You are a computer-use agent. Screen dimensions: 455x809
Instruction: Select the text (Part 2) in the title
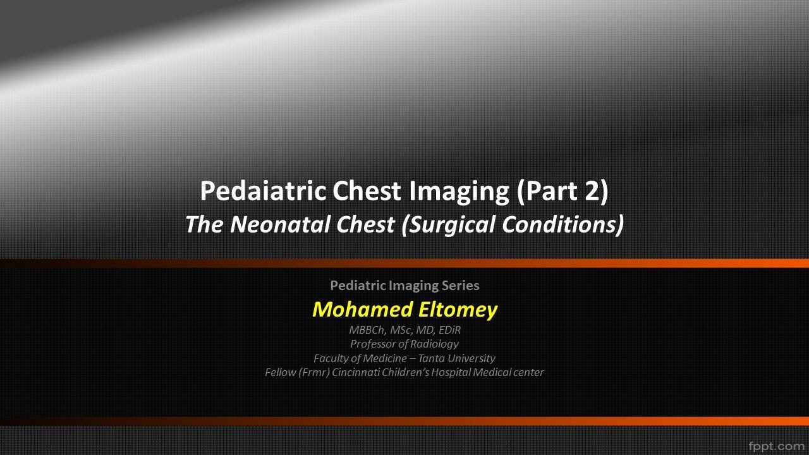(562, 191)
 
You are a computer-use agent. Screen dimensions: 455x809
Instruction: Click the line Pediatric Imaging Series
(404, 286)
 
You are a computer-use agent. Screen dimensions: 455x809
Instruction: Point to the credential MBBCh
(366, 330)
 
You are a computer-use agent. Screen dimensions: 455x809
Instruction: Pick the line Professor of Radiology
(404, 344)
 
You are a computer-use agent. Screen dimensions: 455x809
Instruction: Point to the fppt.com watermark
(776, 446)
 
